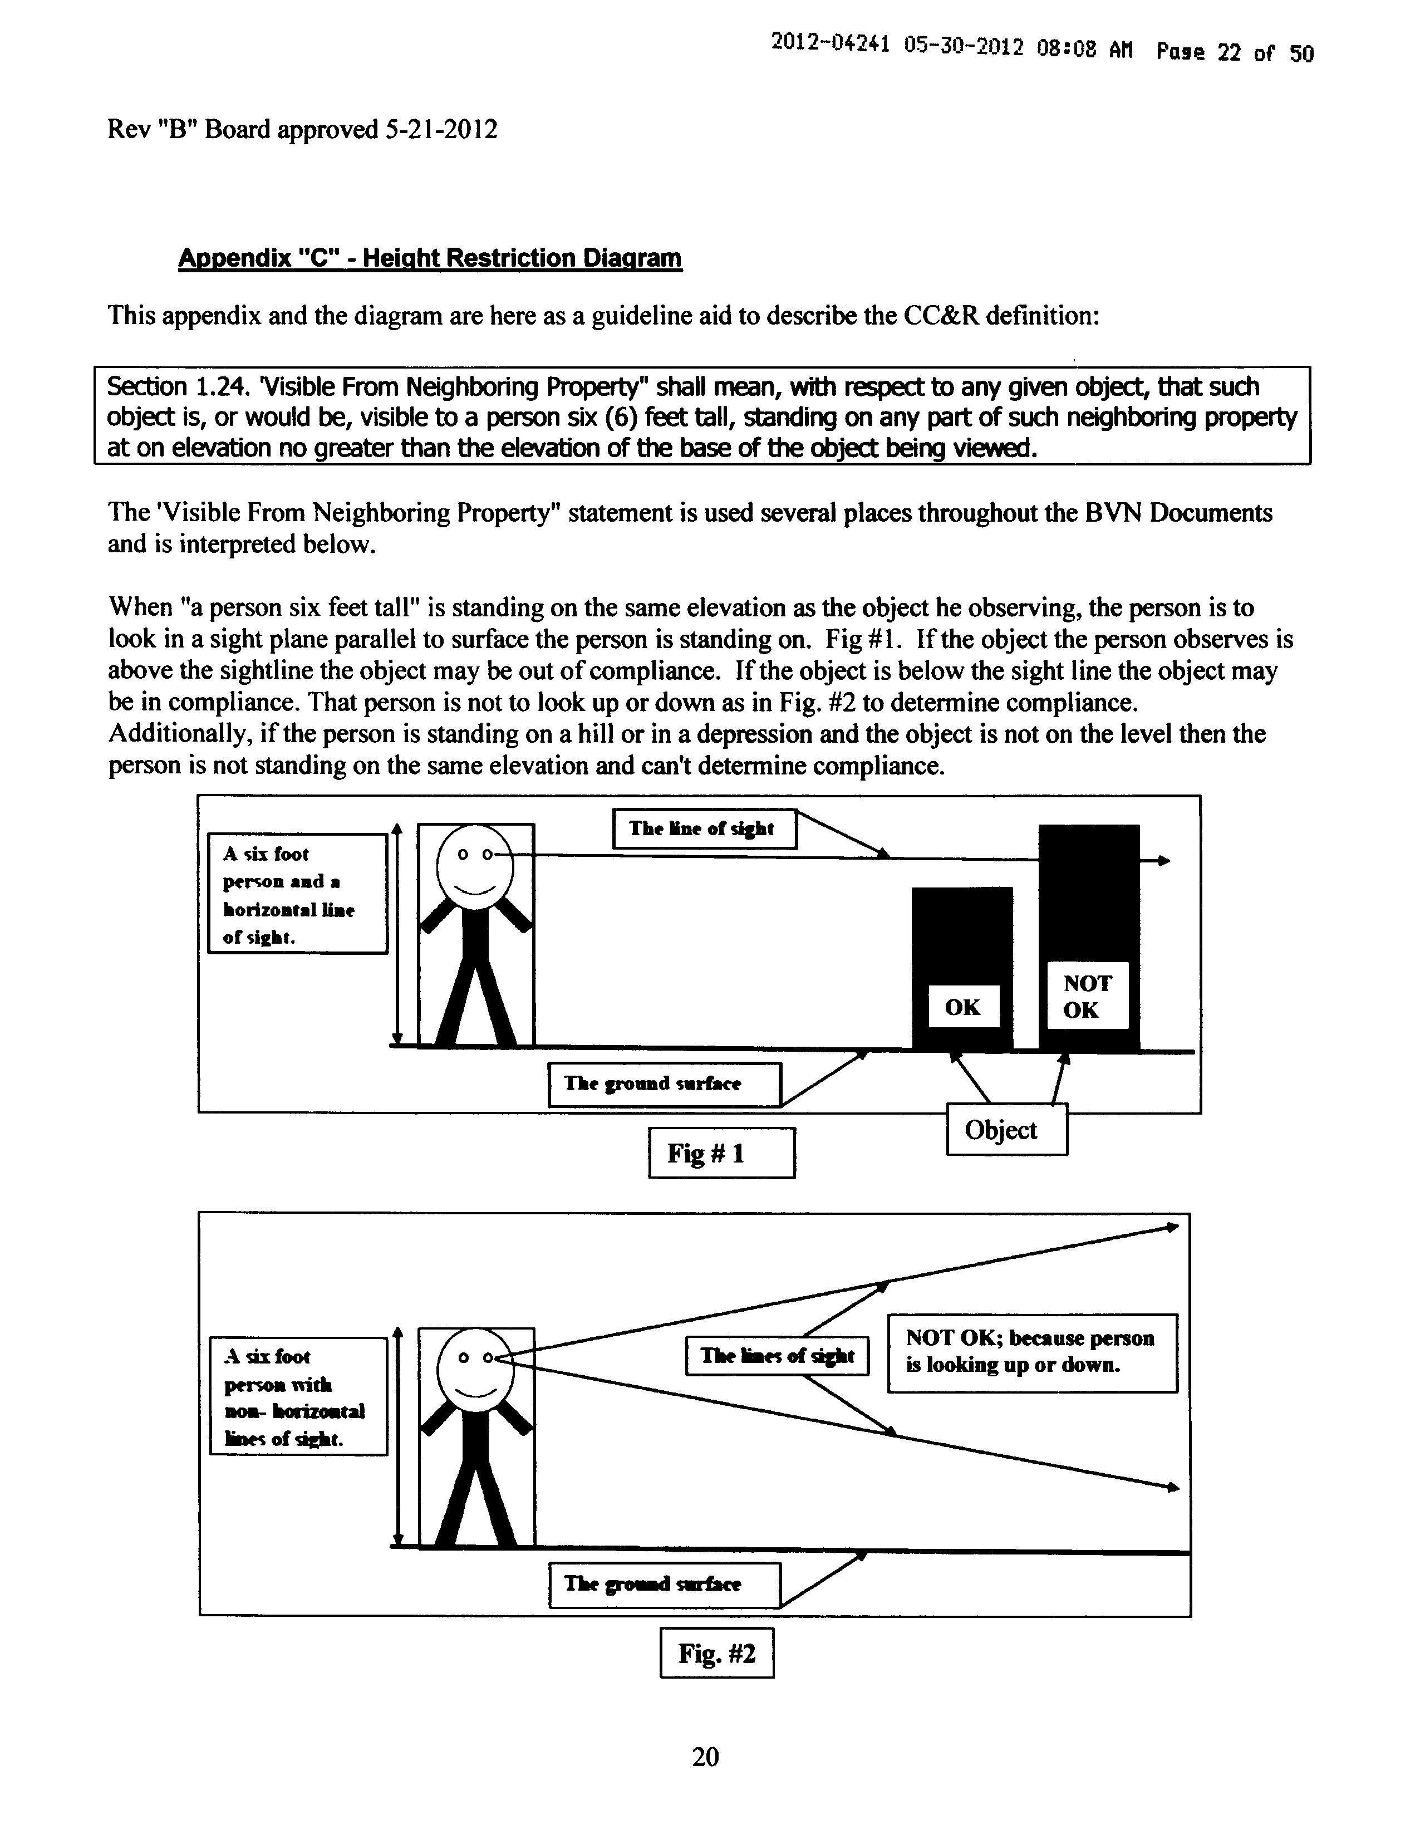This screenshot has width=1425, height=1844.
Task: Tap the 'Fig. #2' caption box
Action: pos(717,1652)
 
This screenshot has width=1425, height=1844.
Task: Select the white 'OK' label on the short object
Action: pos(963,1007)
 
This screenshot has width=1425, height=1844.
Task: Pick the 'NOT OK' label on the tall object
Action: pos(1087,996)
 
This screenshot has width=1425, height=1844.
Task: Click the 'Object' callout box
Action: pos(1007,1129)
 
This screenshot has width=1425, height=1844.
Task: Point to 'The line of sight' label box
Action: pos(704,829)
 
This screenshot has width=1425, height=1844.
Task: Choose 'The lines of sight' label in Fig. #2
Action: pos(777,1356)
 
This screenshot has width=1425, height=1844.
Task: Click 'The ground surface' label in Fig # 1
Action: pos(665,1084)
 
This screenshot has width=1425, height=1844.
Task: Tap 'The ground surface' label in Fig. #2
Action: pos(665,1585)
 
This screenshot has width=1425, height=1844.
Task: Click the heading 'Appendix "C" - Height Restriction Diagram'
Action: pos(430,258)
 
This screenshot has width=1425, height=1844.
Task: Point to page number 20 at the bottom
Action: pos(706,1757)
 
